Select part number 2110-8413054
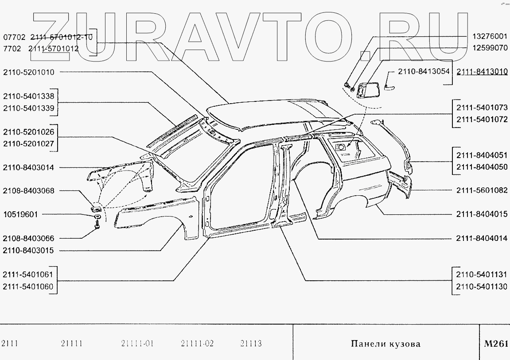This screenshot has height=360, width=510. point(424,71)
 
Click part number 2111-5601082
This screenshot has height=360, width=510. point(482,190)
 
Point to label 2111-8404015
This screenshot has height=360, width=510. point(482,214)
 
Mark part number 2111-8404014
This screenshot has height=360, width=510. point(482,238)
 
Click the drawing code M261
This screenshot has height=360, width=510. point(496,344)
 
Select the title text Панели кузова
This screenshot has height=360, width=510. point(385,344)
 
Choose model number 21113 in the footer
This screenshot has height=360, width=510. point(251,344)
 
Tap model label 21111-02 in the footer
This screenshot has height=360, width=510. point(197,344)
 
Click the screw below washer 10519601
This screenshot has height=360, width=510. point(97,225)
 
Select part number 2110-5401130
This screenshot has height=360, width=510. point(482,286)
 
